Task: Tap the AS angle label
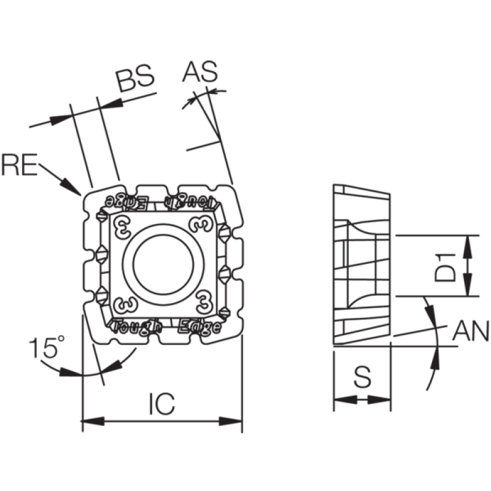click(x=200, y=72)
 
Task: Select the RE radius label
click(x=20, y=164)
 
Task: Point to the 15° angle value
click(x=47, y=347)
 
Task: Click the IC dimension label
click(x=162, y=404)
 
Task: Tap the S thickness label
click(x=362, y=376)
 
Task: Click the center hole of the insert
click(x=163, y=265)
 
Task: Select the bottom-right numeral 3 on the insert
click(x=204, y=302)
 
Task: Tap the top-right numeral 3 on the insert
click(x=201, y=223)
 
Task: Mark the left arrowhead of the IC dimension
click(x=93, y=421)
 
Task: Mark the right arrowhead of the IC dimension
click(x=231, y=421)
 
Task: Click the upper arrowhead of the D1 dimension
click(x=468, y=247)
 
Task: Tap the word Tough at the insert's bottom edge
click(x=136, y=327)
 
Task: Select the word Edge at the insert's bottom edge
click(x=199, y=327)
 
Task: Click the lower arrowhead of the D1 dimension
click(x=468, y=284)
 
